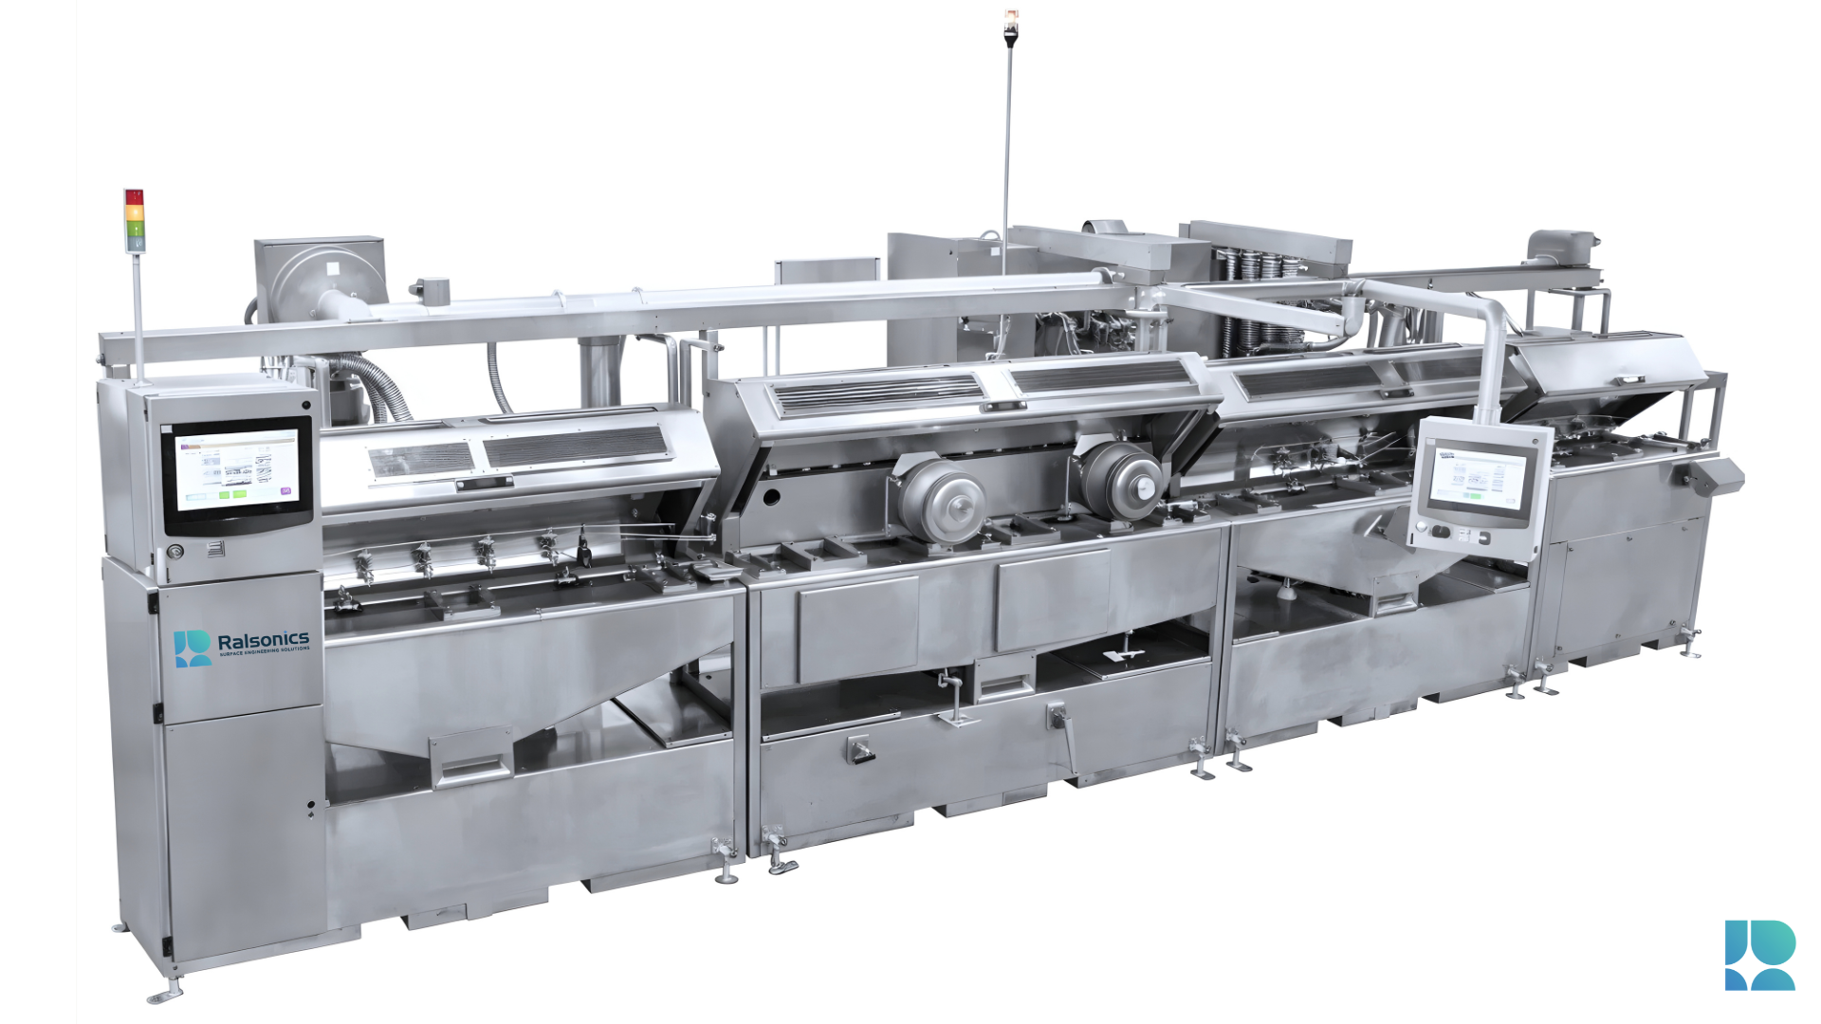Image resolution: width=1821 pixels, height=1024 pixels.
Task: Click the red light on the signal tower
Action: pyautogui.click(x=134, y=197)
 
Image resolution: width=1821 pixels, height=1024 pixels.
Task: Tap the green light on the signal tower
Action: pyautogui.click(x=134, y=229)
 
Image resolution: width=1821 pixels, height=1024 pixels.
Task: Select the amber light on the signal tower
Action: pyautogui.click(x=134, y=213)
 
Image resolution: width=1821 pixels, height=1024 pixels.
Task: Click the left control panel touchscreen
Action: pyautogui.click(x=237, y=469)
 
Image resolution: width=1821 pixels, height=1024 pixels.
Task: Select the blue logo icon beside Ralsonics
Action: pyautogui.click(x=193, y=648)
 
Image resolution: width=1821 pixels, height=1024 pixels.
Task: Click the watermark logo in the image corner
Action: pyautogui.click(x=1759, y=955)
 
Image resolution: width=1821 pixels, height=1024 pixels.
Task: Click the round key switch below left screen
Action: pyautogui.click(x=175, y=552)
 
